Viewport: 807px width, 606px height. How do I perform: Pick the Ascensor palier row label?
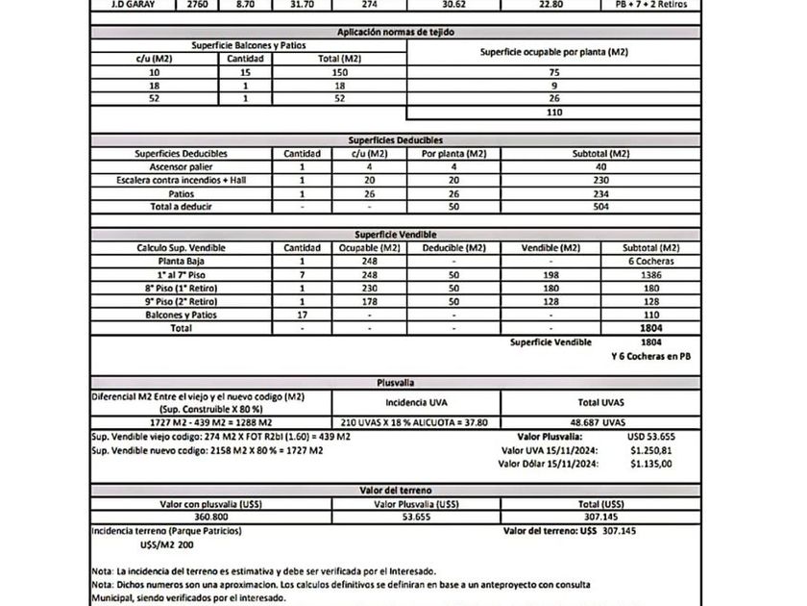(x=182, y=166)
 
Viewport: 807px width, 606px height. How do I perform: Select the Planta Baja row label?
(x=182, y=261)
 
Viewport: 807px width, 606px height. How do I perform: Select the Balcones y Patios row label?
(x=182, y=315)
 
